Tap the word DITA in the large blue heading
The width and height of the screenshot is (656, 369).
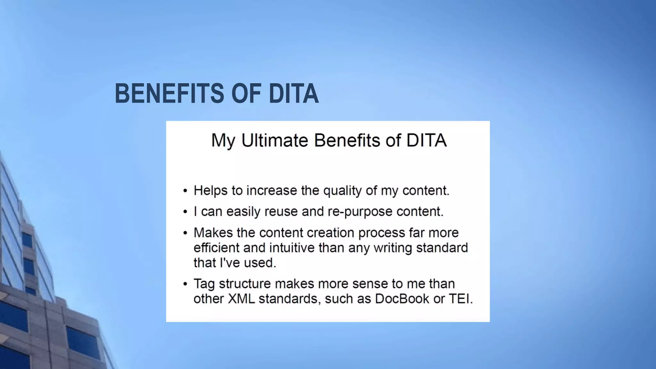[x=293, y=94]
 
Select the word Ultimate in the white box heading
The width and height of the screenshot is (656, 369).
[x=274, y=140]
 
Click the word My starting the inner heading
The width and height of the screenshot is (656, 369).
[x=223, y=141]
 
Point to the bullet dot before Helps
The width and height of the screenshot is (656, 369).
[x=185, y=191]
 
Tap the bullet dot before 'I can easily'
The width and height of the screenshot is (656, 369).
[x=185, y=212]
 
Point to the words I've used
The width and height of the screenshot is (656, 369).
[x=248, y=263]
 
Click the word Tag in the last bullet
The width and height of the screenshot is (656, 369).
[x=204, y=284]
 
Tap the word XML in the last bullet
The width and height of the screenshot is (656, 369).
[x=241, y=299]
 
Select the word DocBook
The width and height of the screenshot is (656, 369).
[x=402, y=299]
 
